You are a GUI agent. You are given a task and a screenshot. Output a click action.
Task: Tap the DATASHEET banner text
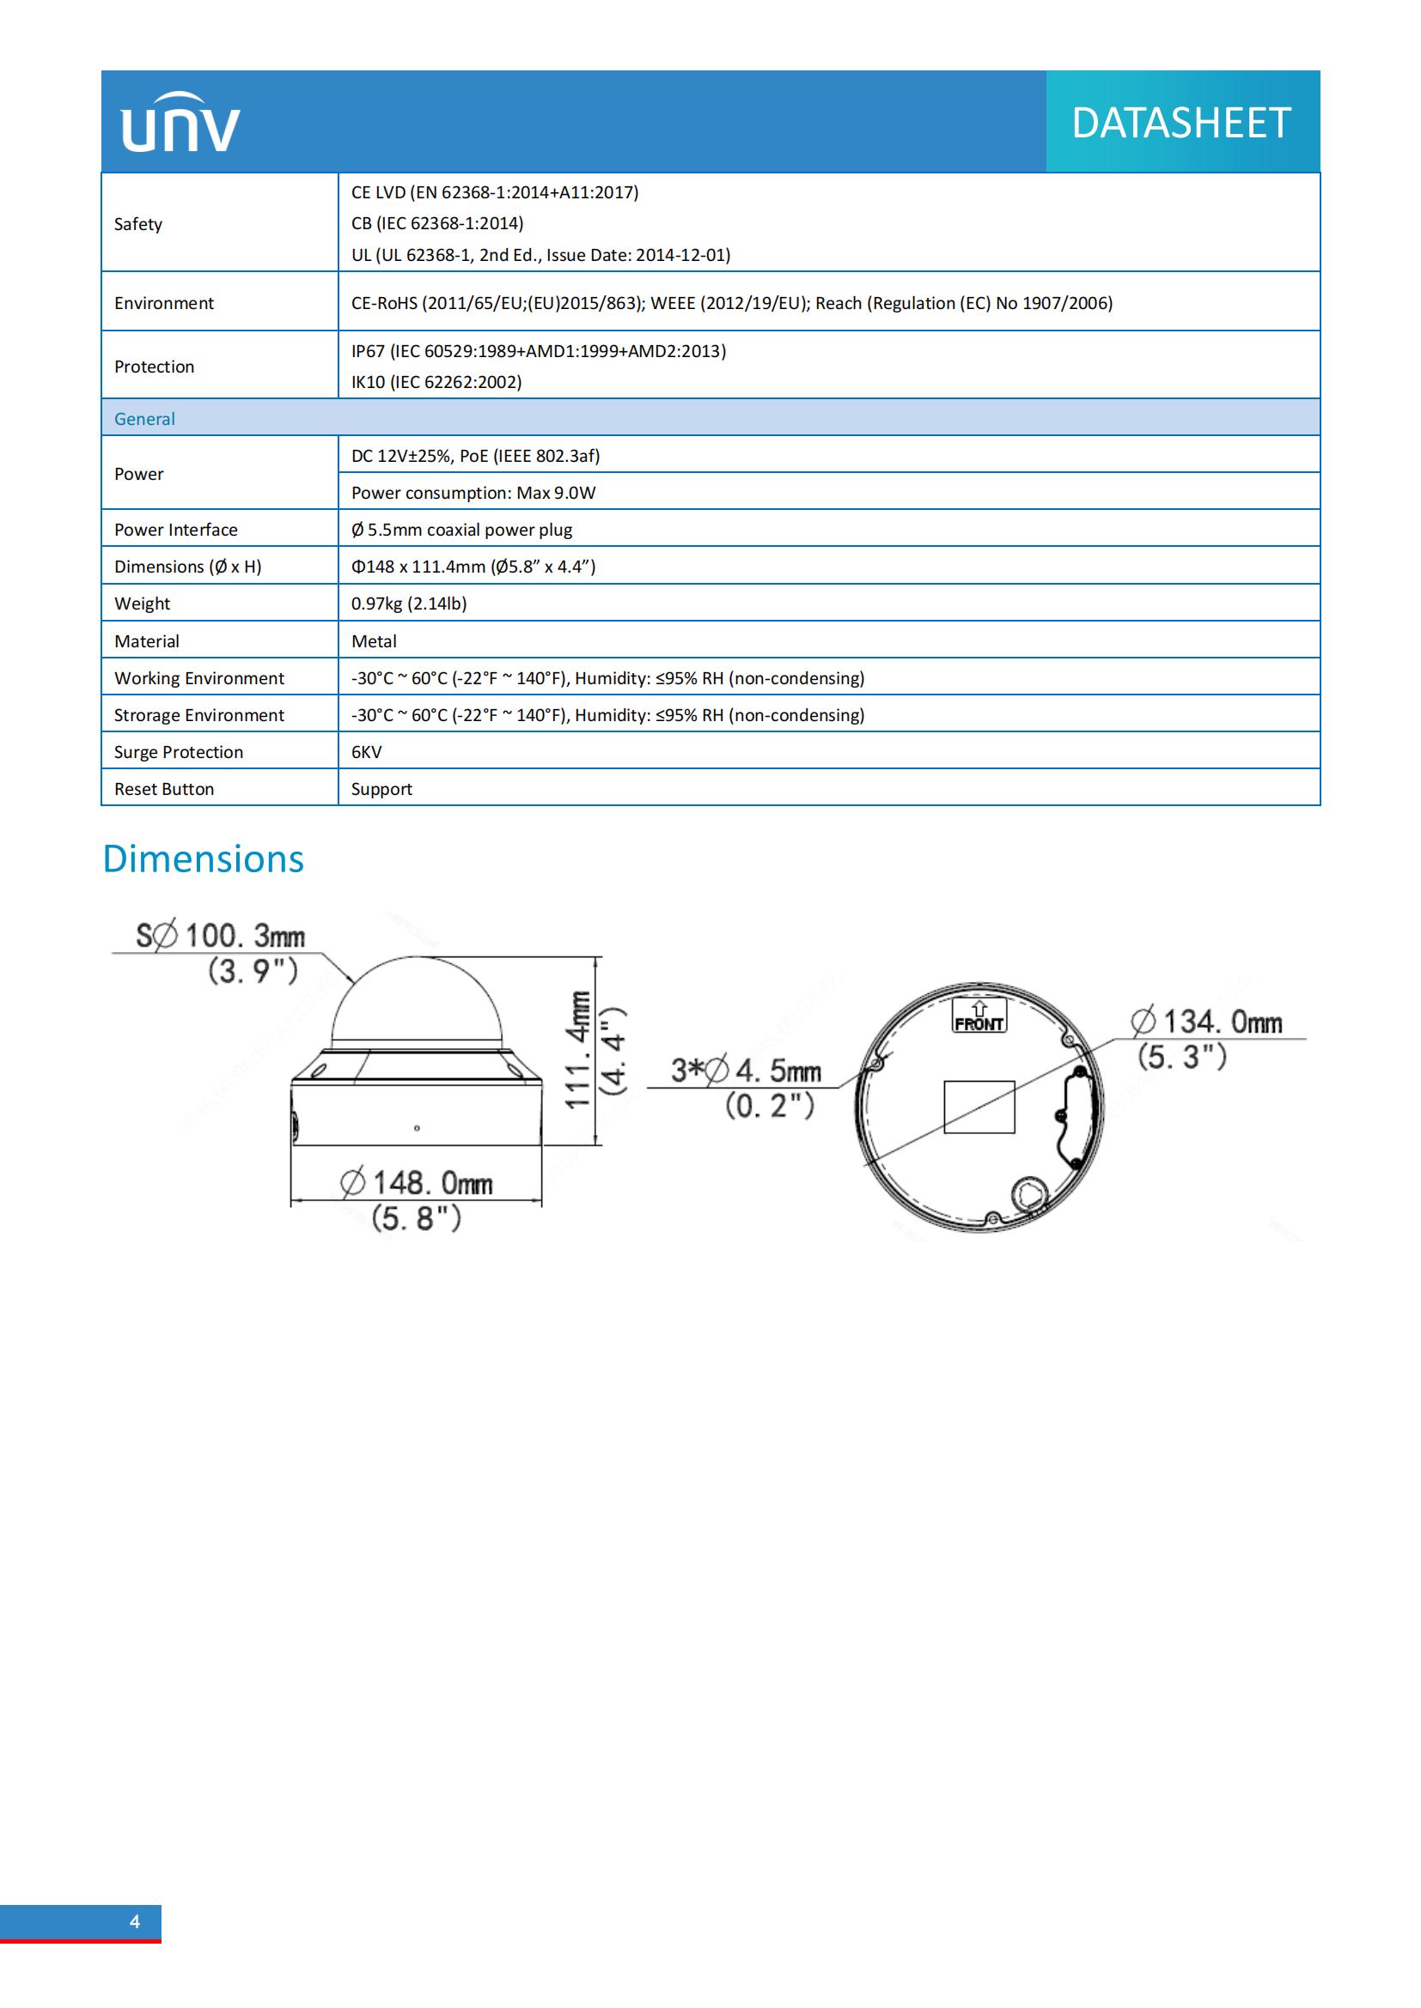[x=1180, y=123]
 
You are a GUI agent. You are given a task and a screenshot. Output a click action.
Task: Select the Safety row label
[x=138, y=224]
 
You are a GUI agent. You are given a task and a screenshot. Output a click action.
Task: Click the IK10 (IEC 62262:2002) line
[x=436, y=382]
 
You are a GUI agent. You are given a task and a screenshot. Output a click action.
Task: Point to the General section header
[x=144, y=419]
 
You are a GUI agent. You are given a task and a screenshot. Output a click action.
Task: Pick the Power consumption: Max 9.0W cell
[x=473, y=493]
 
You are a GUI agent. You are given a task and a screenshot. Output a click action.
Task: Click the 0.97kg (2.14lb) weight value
[x=409, y=604]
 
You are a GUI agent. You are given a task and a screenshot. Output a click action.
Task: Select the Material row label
[x=146, y=641]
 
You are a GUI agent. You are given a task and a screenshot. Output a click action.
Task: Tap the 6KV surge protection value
[x=366, y=752]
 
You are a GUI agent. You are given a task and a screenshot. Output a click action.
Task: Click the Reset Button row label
[x=163, y=789]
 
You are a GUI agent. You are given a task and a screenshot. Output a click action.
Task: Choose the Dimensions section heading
[x=203, y=858]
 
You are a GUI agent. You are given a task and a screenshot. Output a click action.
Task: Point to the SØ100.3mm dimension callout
[x=221, y=937]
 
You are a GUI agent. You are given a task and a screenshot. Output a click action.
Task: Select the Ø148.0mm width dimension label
[x=417, y=1184]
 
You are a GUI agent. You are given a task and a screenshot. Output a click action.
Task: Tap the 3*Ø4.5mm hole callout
[x=746, y=1071]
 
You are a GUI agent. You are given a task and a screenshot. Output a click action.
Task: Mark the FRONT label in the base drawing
[x=979, y=1023]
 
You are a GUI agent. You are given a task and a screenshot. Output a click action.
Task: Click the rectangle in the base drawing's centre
[x=979, y=1107]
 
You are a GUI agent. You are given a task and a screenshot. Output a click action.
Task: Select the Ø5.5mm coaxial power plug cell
[x=461, y=530]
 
